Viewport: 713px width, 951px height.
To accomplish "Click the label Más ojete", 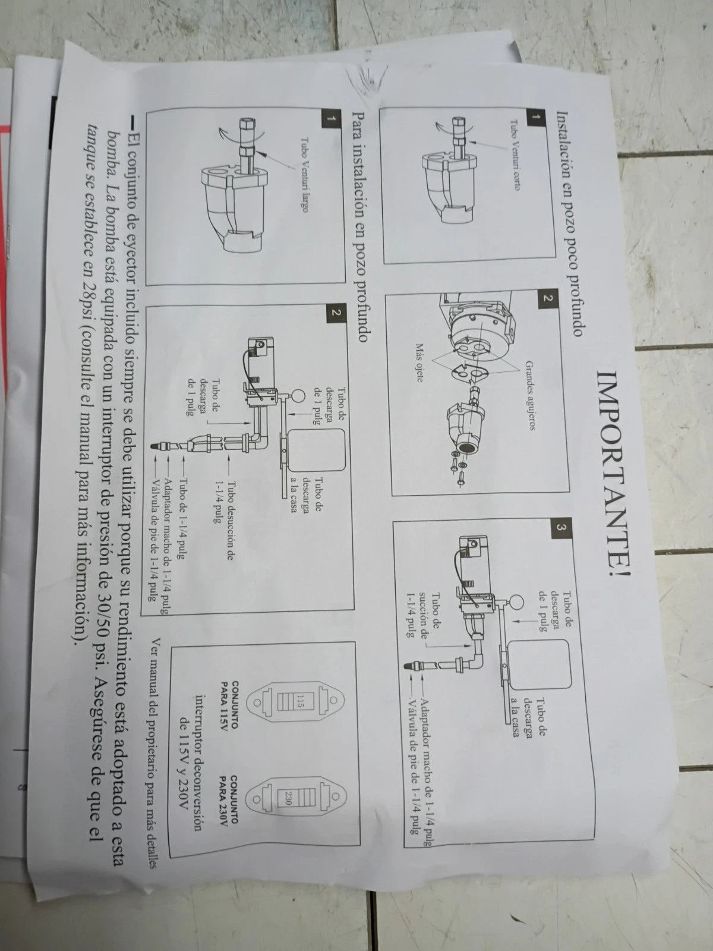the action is (419, 363).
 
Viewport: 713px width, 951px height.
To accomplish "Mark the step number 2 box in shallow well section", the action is (547, 298).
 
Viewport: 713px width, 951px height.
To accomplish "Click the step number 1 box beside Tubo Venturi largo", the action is (331, 118).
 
